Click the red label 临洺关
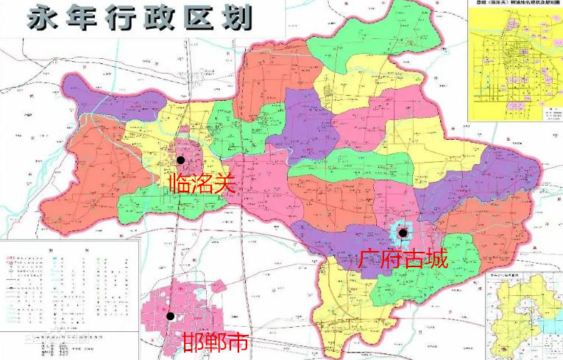point(201,183)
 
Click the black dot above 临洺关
point(180,159)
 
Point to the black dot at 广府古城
point(403,233)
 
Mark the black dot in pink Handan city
point(170,316)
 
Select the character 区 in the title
point(185,18)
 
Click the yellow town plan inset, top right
point(515,63)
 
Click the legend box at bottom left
point(70,294)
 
